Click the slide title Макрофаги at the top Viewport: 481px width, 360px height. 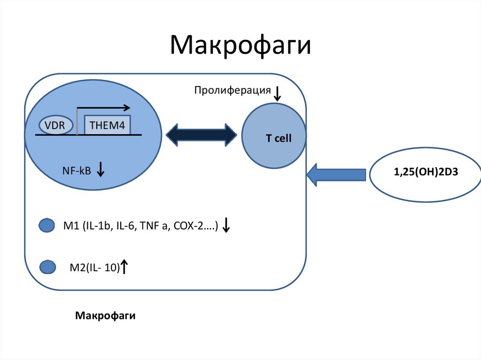click(x=240, y=46)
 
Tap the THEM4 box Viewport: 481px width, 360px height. click(x=107, y=125)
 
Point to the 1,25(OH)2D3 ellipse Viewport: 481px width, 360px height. click(x=426, y=172)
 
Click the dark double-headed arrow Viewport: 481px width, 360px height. click(x=202, y=135)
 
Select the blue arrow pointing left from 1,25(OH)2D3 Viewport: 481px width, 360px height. click(x=336, y=175)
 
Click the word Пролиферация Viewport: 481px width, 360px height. click(x=233, y=90)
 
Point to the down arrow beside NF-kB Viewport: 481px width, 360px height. click(x=100, y=169)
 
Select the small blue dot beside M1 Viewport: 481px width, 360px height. click(x=47, y=226)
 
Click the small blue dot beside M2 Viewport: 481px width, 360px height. click(x=47, y=267)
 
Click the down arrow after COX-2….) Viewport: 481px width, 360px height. click(x=226, y=226)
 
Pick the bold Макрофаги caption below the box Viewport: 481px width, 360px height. click(x=105, y=315)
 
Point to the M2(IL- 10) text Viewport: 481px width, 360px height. click(x=94, y=268)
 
